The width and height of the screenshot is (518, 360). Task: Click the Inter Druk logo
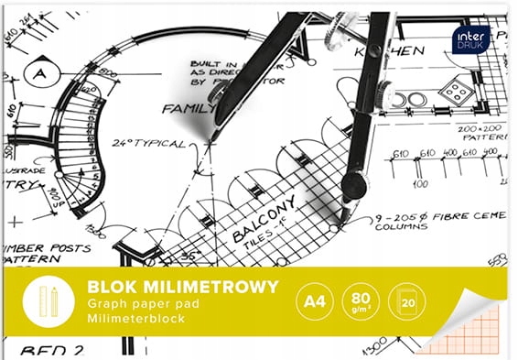(x=470, y=38)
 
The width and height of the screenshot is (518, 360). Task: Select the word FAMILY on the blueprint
(x=189, y=108)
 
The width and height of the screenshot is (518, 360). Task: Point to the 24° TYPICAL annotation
(x=147, y=145)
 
